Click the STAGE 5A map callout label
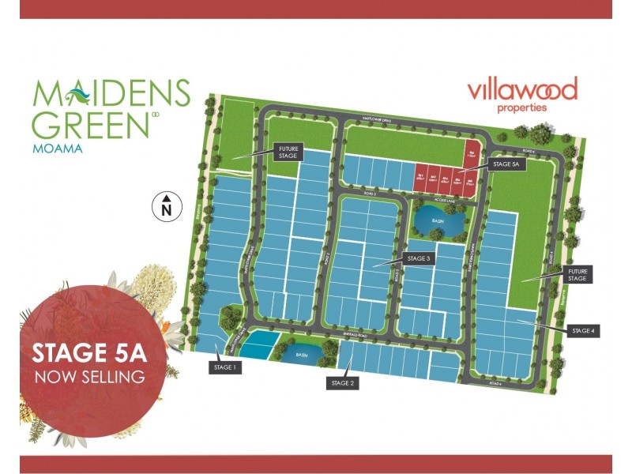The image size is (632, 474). coord(505,165)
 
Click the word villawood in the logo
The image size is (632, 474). coord(522,89)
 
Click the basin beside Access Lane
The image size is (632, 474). coord(432,221)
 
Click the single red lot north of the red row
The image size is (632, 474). coord(472,152)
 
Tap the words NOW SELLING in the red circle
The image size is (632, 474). coord(89,377)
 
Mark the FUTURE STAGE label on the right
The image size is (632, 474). coord(577,275)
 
